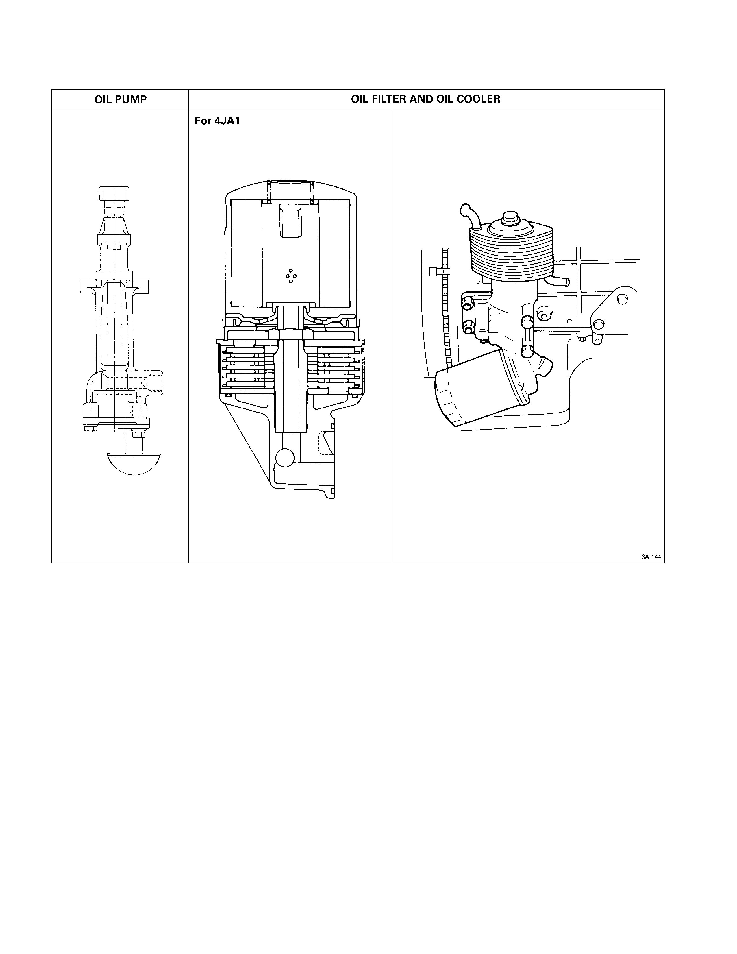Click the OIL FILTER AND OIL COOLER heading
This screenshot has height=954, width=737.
426,99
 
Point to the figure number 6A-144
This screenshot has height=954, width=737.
651,557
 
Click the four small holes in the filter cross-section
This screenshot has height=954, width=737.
291,276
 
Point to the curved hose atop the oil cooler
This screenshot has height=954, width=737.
471,216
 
